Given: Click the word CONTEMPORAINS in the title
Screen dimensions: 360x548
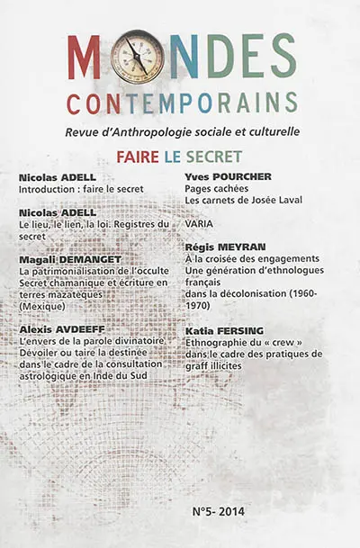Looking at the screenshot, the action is [x=181, y=103].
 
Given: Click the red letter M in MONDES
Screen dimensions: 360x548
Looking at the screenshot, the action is [x=84, y=57].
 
